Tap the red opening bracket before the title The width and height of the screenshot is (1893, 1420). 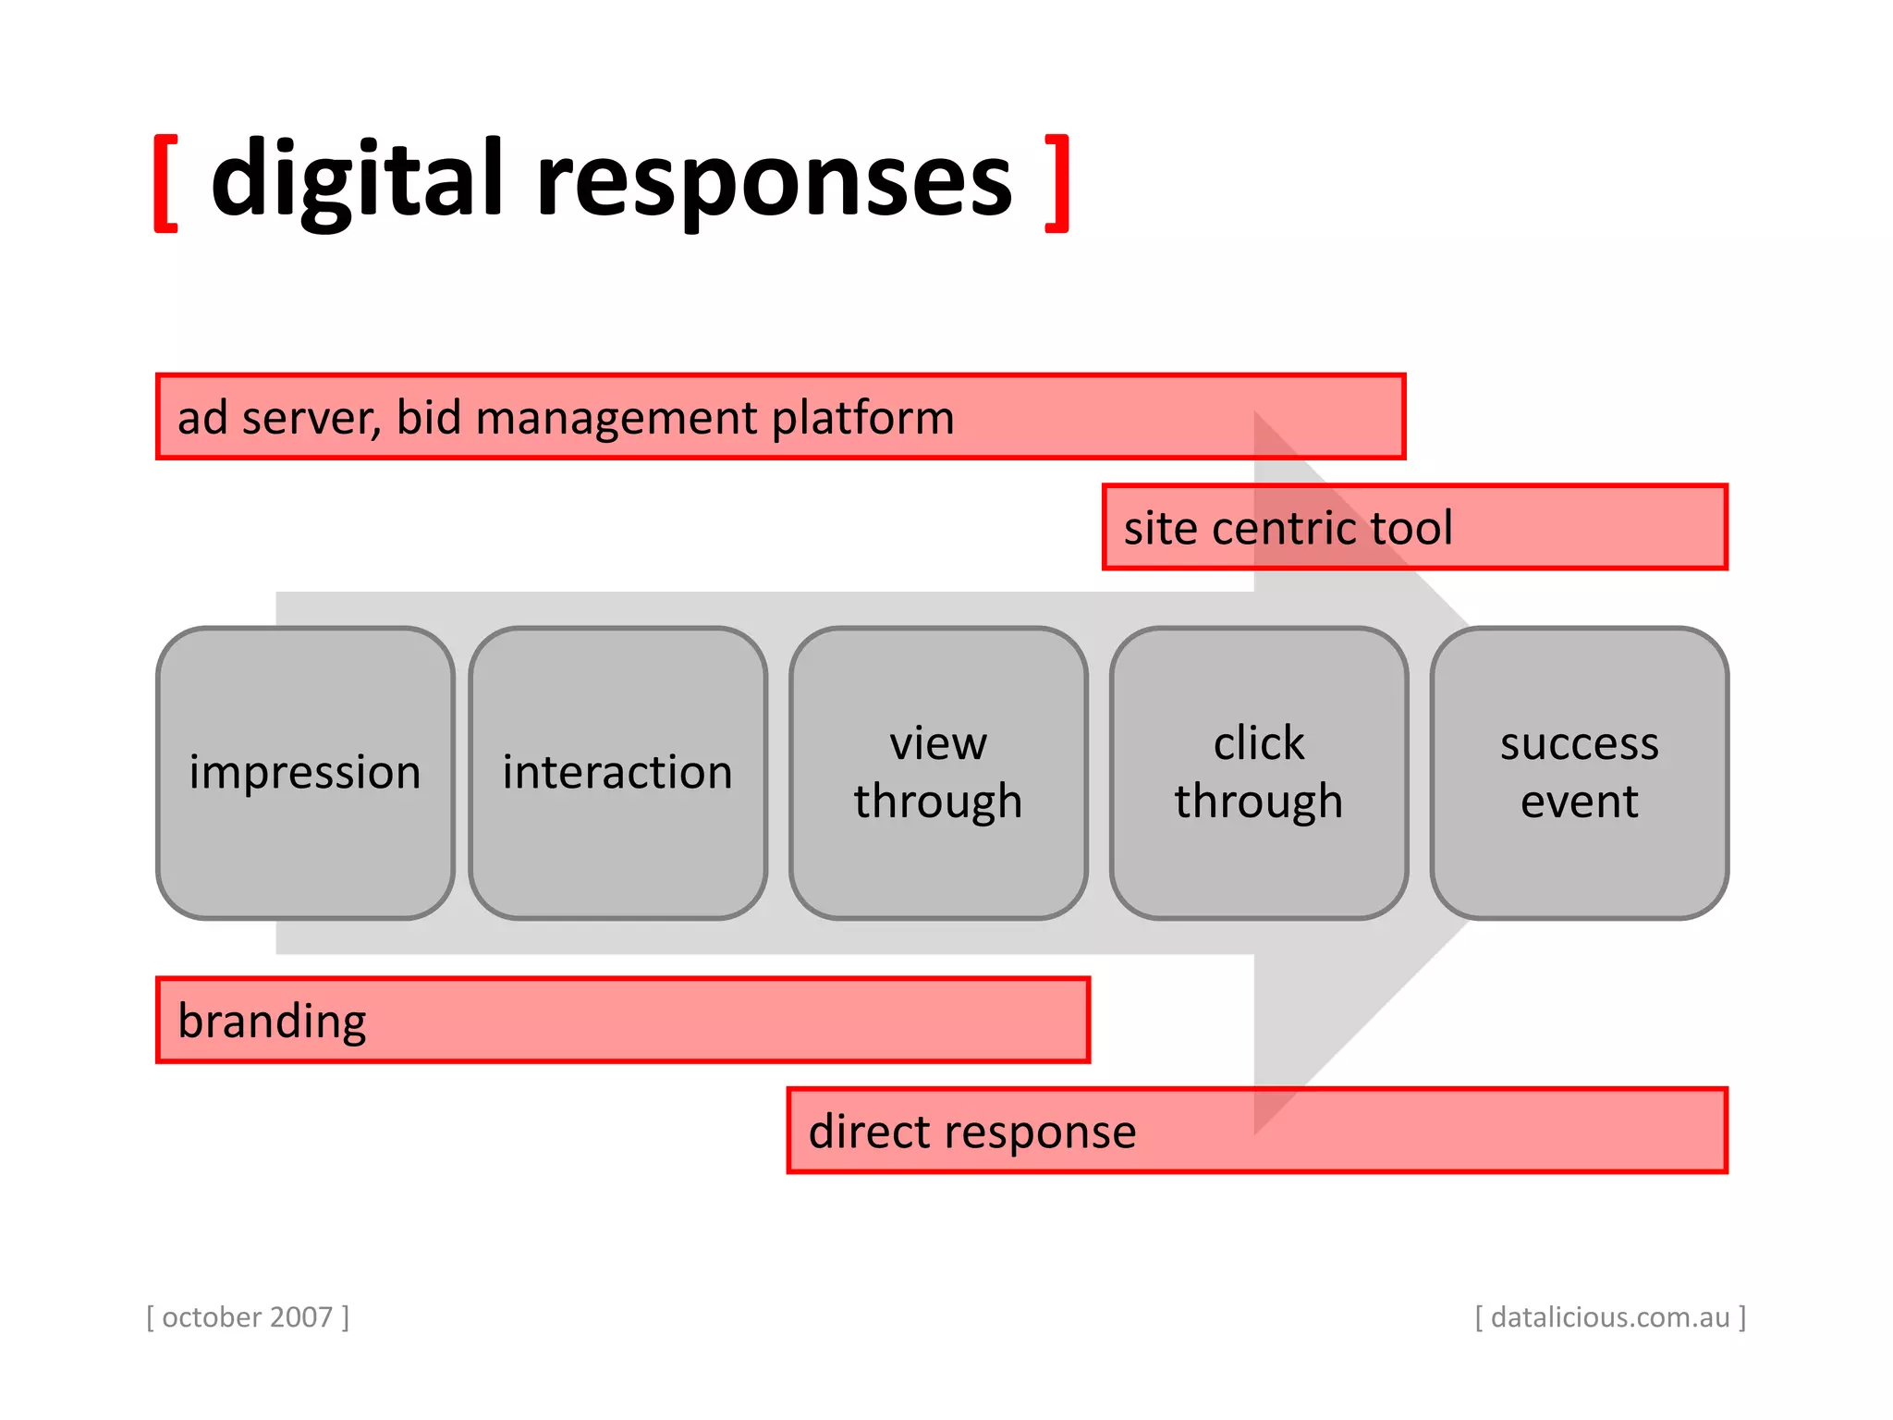165,182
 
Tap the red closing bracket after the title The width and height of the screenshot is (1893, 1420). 1058,182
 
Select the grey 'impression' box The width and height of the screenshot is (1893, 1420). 305,773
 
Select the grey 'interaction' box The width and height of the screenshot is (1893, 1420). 617,773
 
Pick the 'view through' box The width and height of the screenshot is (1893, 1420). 938,773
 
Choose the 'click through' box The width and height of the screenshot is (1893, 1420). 1259,773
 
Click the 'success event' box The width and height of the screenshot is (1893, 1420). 1580,773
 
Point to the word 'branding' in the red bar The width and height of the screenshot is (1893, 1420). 272,1022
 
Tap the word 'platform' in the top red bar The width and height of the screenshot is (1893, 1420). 862,419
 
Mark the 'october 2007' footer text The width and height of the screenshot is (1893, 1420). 248,1316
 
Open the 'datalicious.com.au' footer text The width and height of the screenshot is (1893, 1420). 1610,1316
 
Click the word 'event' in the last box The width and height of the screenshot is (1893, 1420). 1580,802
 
